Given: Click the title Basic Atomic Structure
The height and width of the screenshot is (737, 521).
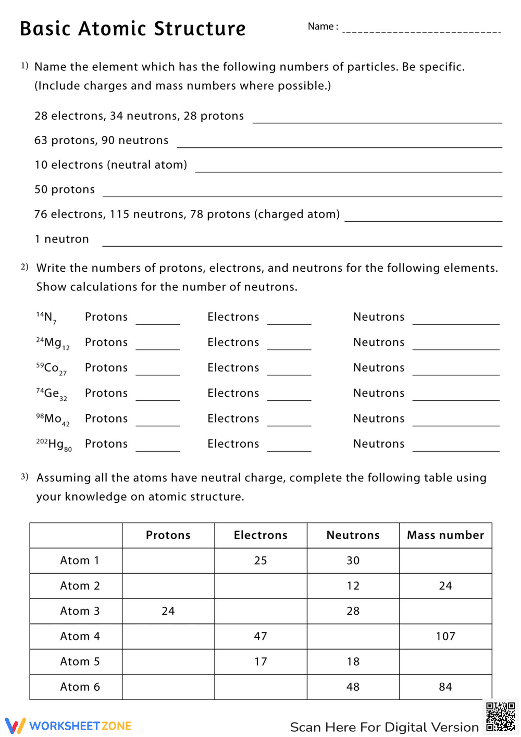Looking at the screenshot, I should tap(133, 29).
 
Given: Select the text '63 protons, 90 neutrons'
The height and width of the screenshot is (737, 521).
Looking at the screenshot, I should tap(102, 141).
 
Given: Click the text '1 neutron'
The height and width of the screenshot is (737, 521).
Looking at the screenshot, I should tap(61, 239).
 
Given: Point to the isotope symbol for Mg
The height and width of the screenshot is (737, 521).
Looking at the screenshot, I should tap(53, 343).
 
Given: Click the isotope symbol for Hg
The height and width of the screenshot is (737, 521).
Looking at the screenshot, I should tap(54, 444).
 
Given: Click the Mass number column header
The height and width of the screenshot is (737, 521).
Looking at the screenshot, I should tap(445, 535).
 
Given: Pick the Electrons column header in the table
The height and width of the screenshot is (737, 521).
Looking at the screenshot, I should tap(260, 535).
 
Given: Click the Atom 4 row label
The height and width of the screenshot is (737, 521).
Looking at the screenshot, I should tap(80, 636).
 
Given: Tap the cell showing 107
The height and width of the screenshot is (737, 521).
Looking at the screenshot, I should tap(445, 636).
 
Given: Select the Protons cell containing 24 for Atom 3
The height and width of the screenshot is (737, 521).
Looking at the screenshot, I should tap(168, 611).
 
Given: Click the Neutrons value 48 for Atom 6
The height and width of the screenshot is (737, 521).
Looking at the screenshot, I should tap(353, 687).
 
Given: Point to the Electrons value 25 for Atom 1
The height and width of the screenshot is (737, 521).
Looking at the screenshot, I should tap(260, 561).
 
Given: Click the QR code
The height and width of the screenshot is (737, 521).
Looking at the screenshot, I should tap(501, 717).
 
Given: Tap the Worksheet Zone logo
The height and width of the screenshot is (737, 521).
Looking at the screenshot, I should tap(68, 726).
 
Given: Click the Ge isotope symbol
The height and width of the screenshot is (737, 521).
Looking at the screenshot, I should tap(52, 394).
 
